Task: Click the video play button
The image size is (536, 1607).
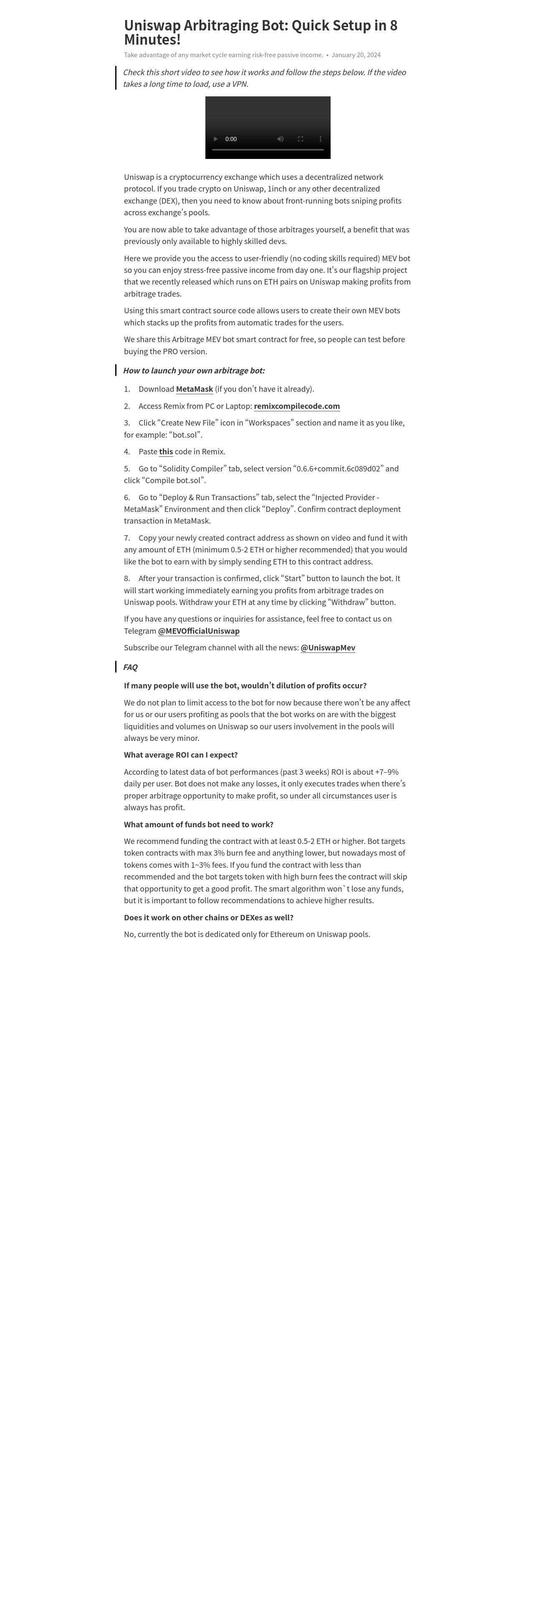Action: (x=216, y=139)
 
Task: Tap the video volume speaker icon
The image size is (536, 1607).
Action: (x=280, y=139)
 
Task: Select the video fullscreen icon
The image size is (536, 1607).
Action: (x=300, y=139)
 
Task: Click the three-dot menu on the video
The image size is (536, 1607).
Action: (x=320, y=139)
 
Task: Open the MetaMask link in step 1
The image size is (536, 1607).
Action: (x=194, y=389)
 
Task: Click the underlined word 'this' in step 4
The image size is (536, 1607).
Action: (x=166, y=452)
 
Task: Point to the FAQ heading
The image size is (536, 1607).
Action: (x=130, y=667)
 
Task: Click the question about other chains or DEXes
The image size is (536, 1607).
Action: (x=208, y=918)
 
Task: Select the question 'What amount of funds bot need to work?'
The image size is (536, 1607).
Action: (x=198, y=825)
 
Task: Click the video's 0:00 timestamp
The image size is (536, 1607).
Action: (x=231, y=139)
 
